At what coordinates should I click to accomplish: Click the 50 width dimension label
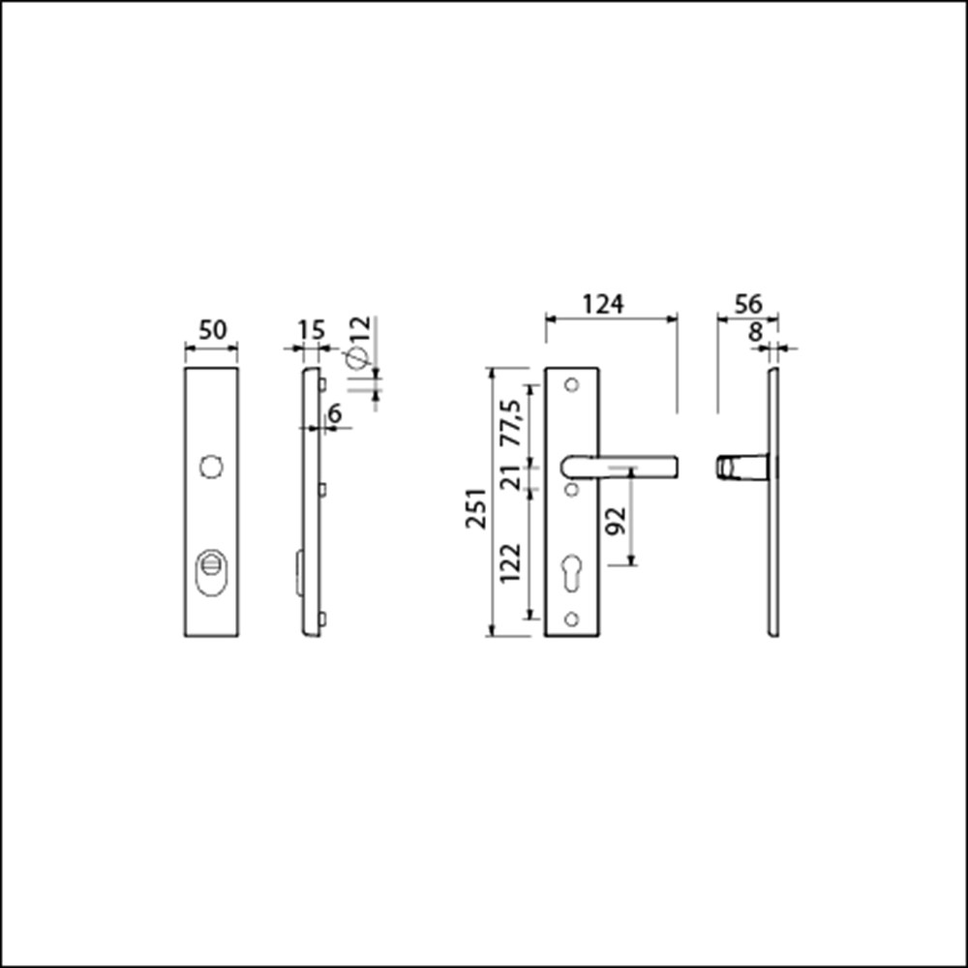[212, 330]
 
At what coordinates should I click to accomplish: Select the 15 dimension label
[312, 330]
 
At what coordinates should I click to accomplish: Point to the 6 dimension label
[335, 413]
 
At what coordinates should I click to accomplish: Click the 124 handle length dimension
[603, 304]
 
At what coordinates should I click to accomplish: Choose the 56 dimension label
[748, 304]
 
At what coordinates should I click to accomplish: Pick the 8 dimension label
[756, 332]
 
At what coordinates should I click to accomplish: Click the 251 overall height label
[476, 509]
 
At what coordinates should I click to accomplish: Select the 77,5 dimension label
[510, 423]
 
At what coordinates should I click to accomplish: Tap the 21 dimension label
[510, 477]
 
